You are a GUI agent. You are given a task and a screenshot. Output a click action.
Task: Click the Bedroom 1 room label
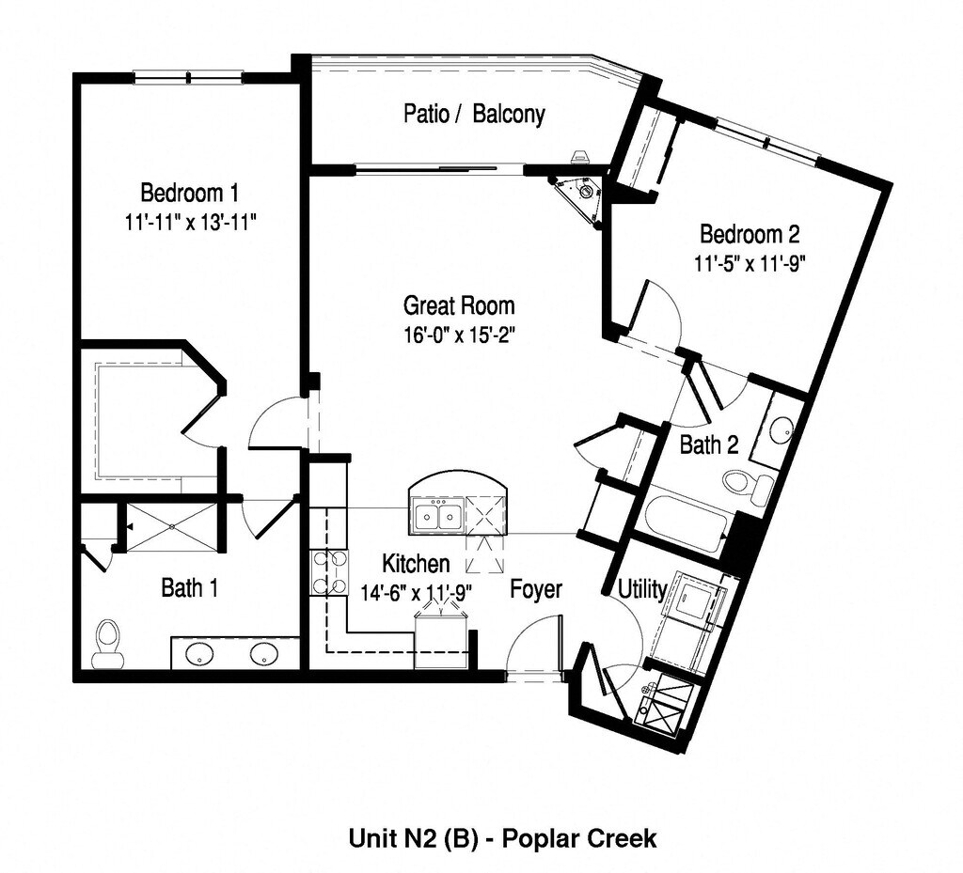[x=189, y=194]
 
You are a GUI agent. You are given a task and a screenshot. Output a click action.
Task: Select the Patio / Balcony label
[x=474, y=115]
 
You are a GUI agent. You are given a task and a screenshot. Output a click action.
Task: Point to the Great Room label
[x=459, y=305]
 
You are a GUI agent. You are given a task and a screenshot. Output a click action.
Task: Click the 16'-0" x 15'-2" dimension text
[x=460, y=334]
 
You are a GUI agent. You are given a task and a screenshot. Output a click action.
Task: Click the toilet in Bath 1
[x=107, y=642]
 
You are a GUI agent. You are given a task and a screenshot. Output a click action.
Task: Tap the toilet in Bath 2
[x=750, y=486]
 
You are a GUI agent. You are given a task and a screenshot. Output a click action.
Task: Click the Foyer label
[x=536, y=589]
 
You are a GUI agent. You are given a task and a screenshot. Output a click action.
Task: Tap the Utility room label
[x=642, y=589]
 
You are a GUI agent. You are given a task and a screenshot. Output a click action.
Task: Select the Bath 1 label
[x=190, y=589]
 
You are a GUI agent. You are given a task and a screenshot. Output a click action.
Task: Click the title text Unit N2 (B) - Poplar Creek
[x=503, y=838]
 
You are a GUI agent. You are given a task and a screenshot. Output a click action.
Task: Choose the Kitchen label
[x=416, y=564]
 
